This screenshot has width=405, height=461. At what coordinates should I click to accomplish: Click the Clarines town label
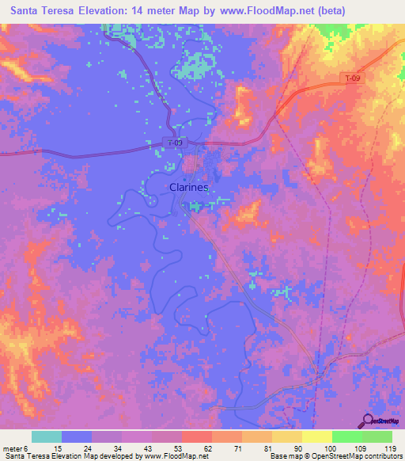click(x=188, y=188)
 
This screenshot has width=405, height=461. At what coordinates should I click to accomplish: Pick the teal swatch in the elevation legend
click(x=47, y=436)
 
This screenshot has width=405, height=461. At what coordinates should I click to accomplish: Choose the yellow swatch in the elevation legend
click(x=316, y=436)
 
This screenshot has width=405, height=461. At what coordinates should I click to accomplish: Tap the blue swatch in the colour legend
click(x=77, y=436)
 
